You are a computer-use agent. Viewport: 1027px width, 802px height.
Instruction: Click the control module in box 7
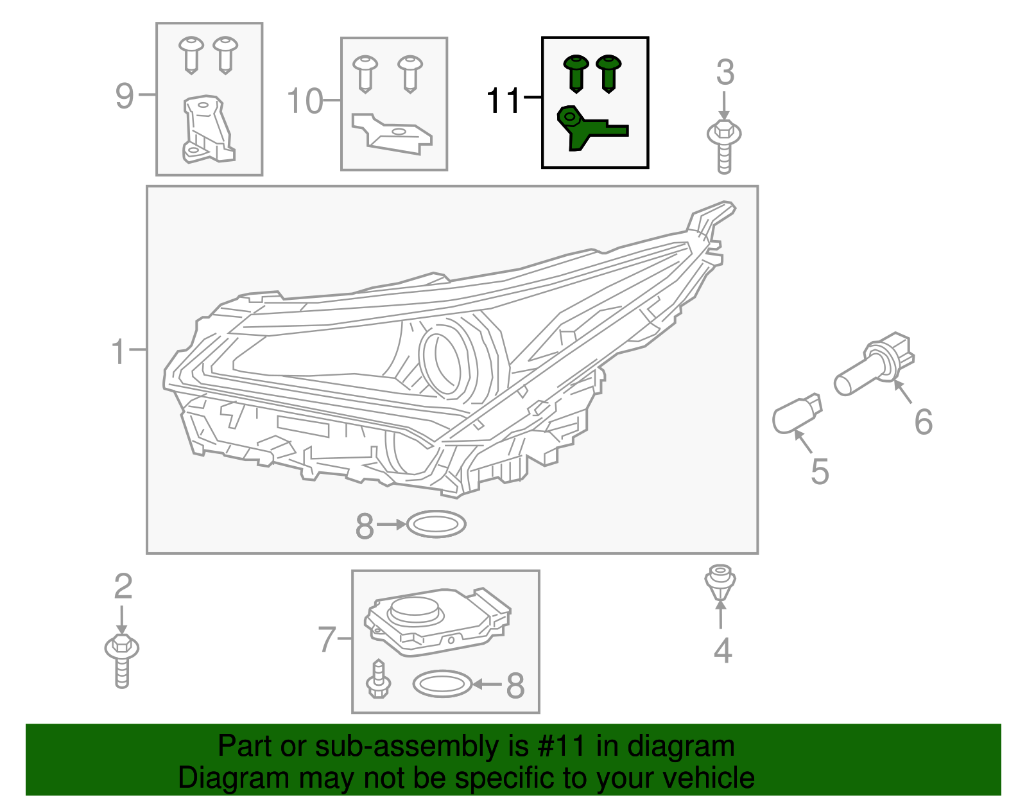(x=436, y=620)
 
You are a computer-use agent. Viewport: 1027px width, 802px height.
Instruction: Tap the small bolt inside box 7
(x=379, y=680)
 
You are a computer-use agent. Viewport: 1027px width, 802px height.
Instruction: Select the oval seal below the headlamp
(x=436, y=525)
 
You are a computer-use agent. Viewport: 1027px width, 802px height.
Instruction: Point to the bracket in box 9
(x=207, y=131)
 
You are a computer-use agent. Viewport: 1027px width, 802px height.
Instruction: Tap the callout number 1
(x=119, y=352)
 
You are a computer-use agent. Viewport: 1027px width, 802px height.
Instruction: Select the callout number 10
(x=304, y=101)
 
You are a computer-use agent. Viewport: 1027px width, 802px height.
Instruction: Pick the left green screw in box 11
(x=576, y=72)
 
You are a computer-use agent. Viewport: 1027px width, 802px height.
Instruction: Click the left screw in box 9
(x=191, y=54)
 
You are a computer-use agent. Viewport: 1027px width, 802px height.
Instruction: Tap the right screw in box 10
(x=410, y=72)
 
